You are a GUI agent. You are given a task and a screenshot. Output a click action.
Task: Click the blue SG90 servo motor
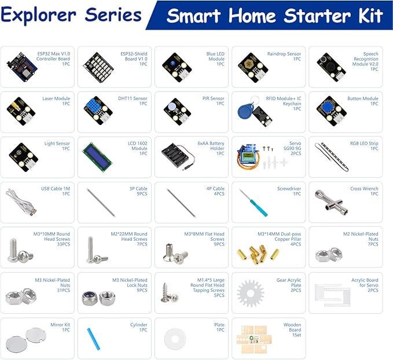coord(248,157)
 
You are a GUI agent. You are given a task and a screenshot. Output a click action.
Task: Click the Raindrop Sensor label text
coord(284,54)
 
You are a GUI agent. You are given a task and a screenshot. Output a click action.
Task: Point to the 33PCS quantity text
coord(61,244)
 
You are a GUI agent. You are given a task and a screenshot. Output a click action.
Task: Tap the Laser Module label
coord(56,98)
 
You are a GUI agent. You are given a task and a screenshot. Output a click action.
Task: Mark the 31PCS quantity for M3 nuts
coord(61,290)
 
